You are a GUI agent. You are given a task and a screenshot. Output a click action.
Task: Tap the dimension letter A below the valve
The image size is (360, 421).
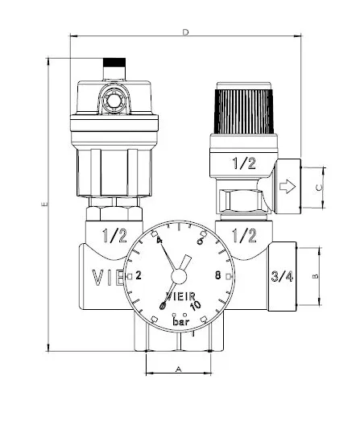(x=179, y=369)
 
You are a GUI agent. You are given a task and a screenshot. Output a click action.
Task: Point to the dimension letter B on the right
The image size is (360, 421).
(x=317, y=275)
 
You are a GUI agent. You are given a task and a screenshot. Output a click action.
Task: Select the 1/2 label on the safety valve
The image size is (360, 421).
(x=242, y=163)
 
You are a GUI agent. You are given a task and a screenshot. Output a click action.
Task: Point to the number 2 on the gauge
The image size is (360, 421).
(x=139, y=275)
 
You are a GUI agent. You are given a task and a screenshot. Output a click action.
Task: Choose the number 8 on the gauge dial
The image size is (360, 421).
(x=217, y=275)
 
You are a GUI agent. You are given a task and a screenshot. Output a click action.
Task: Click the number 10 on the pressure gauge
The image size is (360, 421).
(x=195, y=305)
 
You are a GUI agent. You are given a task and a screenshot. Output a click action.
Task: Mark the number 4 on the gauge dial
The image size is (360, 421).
(x=159, y=242)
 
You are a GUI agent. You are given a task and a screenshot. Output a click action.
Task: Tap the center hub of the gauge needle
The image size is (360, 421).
(x=182, y=264)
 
